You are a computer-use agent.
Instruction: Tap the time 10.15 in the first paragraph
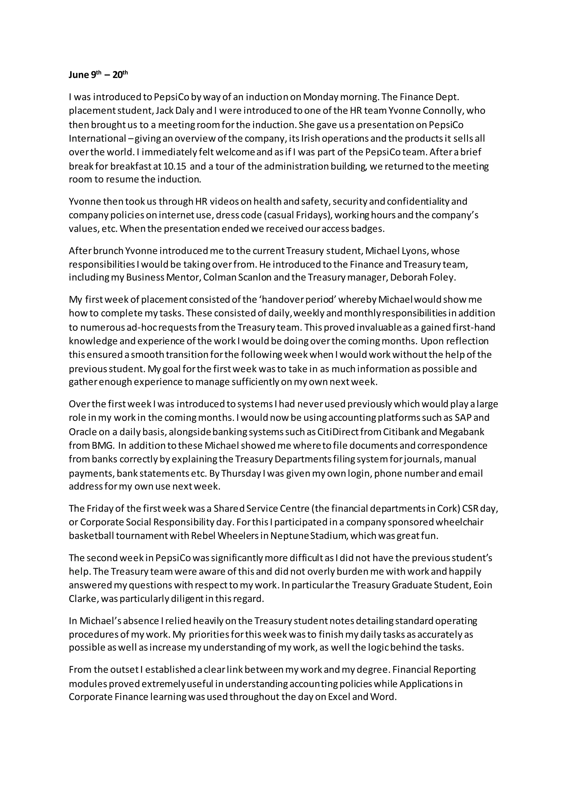(174, 166)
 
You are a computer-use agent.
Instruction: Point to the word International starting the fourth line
(96, 138)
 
